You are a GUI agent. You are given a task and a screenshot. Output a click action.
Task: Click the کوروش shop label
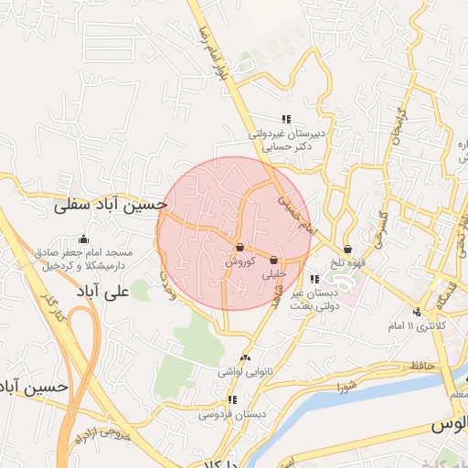(239, 261)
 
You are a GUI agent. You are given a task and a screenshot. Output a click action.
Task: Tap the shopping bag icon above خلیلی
(274, 261)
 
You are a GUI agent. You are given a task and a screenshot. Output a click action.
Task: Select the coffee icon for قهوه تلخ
(348, 249)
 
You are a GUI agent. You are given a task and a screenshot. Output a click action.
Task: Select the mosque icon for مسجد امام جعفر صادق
(84, 239)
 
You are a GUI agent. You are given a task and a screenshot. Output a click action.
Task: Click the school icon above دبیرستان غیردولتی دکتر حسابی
(285, 119)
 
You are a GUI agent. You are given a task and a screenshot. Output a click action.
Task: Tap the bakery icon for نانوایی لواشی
(244, 358)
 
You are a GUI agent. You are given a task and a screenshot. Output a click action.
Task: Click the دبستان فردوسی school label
(234, 414)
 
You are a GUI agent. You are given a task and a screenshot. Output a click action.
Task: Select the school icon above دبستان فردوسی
(234, 400)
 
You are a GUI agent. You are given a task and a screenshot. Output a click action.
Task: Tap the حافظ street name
(422, 366)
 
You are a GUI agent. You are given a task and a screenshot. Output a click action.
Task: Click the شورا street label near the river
(350, 387)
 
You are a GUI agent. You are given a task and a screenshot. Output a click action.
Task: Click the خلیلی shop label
(274, 273)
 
